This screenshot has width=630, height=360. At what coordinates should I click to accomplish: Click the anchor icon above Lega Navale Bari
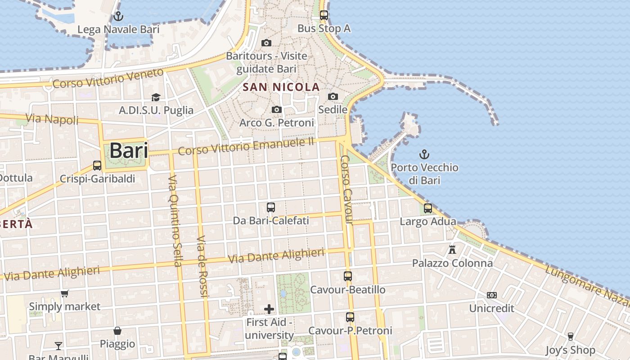coord(118,17)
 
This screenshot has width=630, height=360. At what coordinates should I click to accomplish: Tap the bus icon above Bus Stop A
coord(324,15)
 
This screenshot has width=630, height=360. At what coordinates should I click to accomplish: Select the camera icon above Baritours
coord(266,43)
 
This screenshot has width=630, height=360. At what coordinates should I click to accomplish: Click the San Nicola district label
coord(281,87)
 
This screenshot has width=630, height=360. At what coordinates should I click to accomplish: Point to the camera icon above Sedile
coord(333,96)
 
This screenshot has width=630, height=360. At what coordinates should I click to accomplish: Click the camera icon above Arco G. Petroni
coord(277,109)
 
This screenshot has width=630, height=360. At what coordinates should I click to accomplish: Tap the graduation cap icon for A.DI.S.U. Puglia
coord(156,97)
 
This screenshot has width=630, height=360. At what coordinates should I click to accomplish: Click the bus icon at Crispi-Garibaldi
coord(97,165)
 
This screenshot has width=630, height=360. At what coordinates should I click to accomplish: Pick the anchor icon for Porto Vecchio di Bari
coord(424,155)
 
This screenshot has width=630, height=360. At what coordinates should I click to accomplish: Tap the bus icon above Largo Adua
coord(428,208)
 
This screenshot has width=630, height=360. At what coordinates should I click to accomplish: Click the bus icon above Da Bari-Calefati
coord(271,207)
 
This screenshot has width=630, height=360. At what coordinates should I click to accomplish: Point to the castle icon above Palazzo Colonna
coord(453,249)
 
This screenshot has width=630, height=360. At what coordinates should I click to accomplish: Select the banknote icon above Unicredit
coord(491,295)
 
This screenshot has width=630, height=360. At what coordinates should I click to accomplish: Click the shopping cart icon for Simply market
coord(65,293)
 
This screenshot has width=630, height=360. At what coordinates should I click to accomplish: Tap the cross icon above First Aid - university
coord(269,309)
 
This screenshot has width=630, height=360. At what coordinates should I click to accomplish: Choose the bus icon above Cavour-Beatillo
coord(348,276)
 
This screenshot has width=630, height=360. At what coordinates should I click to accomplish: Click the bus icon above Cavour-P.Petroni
coord(350,317)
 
